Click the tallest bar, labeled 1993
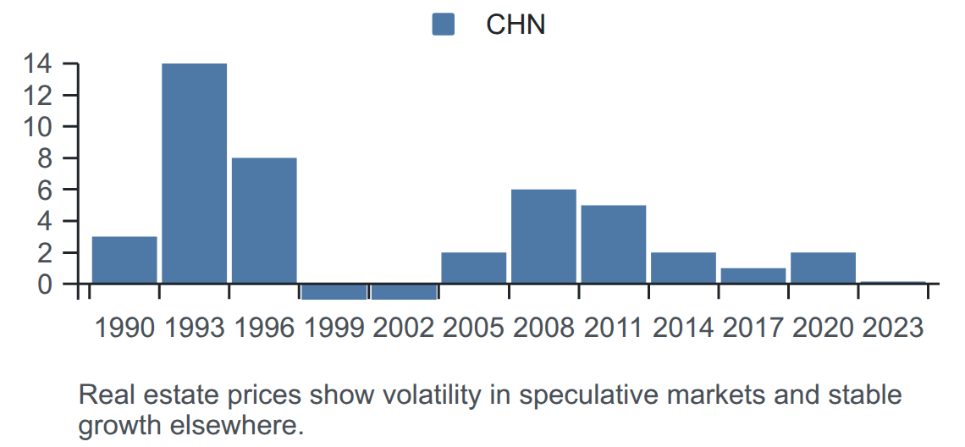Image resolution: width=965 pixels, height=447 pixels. click(195, 174)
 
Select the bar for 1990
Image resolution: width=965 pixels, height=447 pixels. click(124, 261)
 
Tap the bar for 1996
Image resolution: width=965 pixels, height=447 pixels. click(264, 221)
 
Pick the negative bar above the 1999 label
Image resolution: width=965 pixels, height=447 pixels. click(334, 292)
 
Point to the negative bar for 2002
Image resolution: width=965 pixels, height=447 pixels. click(405, 292)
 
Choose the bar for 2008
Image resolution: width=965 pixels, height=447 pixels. click(544, 236)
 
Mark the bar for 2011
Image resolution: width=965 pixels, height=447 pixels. click(614, 245)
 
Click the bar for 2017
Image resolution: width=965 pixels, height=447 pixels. click(753, 276)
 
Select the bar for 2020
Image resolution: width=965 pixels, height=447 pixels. click(824, 268)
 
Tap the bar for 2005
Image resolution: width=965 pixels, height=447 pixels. click(474, 268)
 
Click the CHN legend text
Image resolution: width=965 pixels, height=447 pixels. click(516, 25)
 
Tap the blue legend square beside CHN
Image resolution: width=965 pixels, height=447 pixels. click(443, 25)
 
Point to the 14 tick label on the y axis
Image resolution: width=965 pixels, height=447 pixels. click(37, 63)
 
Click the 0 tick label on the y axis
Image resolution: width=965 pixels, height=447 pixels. click(45, 284)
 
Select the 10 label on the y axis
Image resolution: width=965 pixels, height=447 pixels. click(37, 127)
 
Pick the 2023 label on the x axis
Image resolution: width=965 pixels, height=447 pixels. click(893, 328)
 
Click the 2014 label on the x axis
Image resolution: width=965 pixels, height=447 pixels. click(683, 328)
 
